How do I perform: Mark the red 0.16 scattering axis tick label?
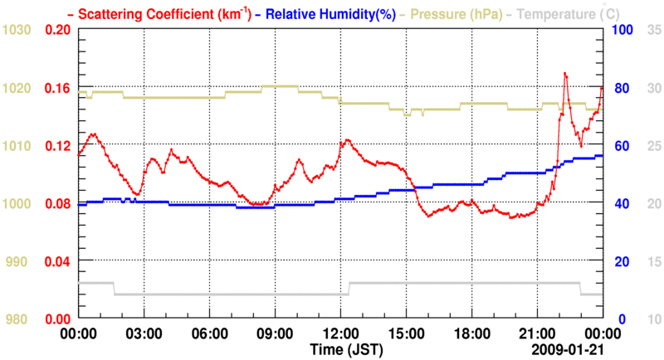point(58,88)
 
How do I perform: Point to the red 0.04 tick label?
point(58,261)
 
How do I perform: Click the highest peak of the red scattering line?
point(564,73)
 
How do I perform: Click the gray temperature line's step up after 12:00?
point(350,289)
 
